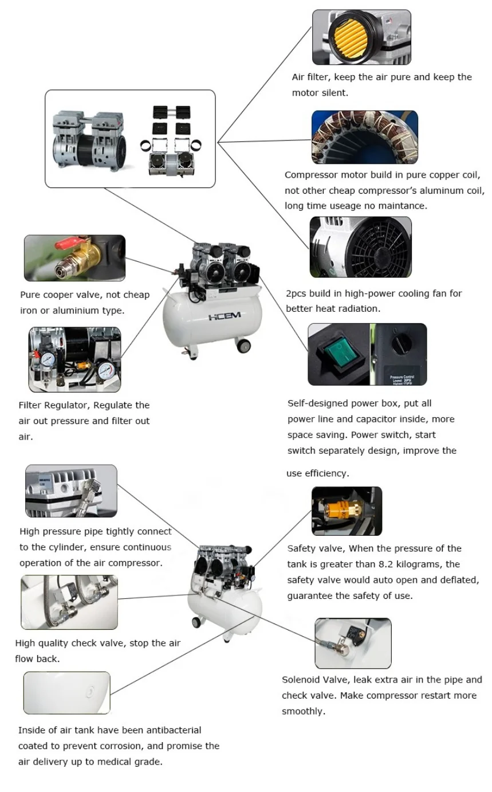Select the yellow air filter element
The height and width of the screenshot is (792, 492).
click(345, 38)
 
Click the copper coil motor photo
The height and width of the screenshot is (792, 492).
click(364, 137)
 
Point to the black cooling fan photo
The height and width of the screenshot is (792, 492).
click(360, 247)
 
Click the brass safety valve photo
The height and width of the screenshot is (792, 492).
click(347, 511)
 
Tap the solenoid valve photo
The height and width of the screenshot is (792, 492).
click(353, 643)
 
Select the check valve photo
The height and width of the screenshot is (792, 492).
click(69, 602)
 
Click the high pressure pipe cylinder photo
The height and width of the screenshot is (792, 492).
click(71, 491)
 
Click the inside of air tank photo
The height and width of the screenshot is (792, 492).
click(66, 693)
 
